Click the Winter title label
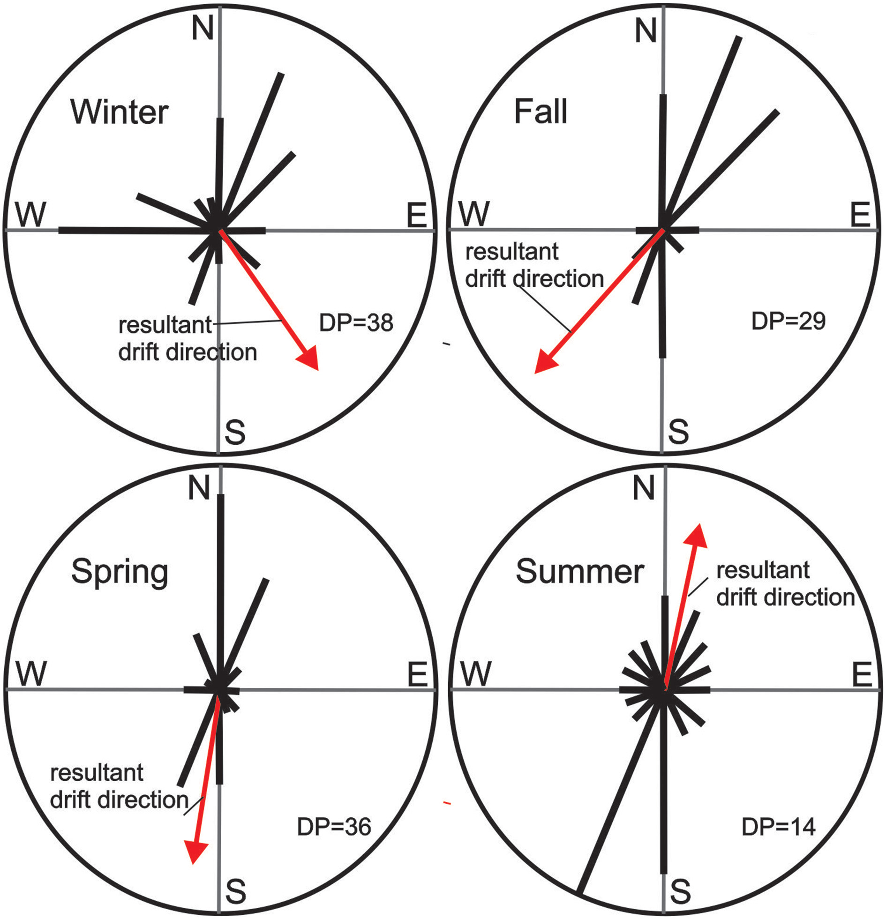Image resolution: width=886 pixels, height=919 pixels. coord(120,112)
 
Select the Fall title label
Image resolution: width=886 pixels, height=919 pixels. coord(541,112)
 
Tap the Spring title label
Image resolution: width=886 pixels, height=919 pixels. coord(120,573)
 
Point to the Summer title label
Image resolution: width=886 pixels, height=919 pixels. coord(580,572)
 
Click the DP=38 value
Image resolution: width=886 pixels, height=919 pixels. coord(356,323)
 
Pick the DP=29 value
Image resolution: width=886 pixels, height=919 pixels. coord(788,321)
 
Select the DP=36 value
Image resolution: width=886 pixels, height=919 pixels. coord(334,827)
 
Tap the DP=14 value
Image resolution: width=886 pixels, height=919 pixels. coord(779,827)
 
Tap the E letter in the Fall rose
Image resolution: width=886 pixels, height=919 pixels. coord(860,215)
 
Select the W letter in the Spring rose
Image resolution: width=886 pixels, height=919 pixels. coord(31,673)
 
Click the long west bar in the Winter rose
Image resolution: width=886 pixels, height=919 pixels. coord(136,230)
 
